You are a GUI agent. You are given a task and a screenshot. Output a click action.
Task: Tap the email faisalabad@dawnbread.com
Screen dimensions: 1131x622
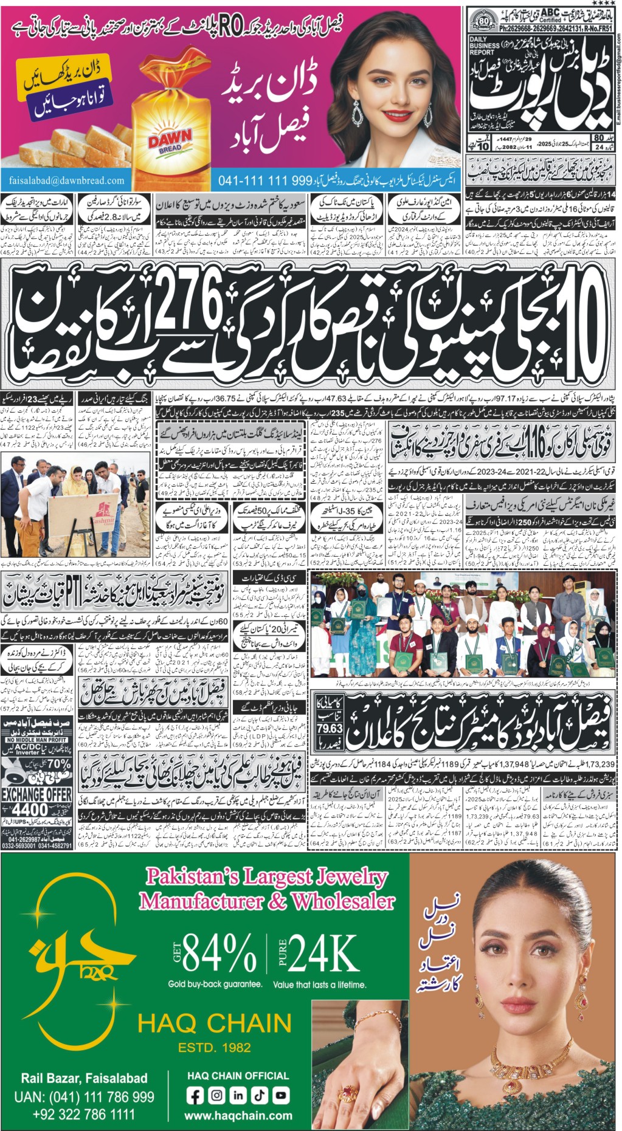pyautogui.click(x=67, y=180)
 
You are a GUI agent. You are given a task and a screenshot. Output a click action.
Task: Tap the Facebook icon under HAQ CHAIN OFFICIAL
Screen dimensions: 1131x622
pyautogui.click(x=195, y=1096)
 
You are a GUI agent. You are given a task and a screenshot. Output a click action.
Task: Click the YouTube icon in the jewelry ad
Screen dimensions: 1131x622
pyautogui.click(x=280, y=1095)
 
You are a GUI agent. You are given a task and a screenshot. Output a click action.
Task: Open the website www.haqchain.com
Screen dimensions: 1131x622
pyautogui.click(x=238, y=1116)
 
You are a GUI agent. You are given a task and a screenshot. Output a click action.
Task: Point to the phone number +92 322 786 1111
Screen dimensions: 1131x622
pyautogui.click(x=84, y=1115)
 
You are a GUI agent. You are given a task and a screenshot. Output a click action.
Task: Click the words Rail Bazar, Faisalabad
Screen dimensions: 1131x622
pyautogui.click(x=84, y=1078)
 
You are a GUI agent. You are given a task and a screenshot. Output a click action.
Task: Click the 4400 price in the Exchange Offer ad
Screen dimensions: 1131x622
pyautogui.click(x=30, y=809)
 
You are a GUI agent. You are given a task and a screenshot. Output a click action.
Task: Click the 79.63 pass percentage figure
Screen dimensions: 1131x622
pyautogui.click(x=329, y=728)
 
